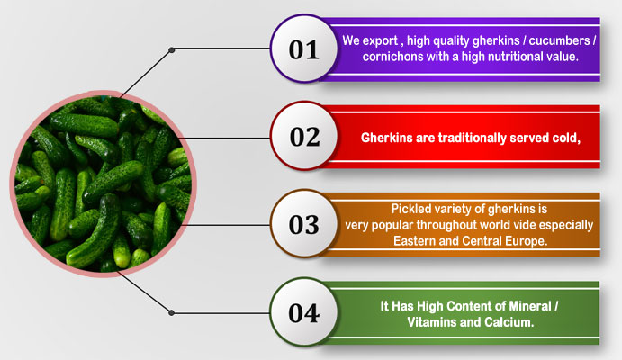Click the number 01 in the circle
(x=304, y=50)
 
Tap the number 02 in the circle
(x=304, y=137)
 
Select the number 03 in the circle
(x=304, y=225)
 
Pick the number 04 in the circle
(x=304, y=313)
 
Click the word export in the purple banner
(x=381, y=40)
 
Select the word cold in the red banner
(x=566, y=138)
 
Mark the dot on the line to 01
(x=171, y=50)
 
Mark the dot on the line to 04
(x=171, y=313)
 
